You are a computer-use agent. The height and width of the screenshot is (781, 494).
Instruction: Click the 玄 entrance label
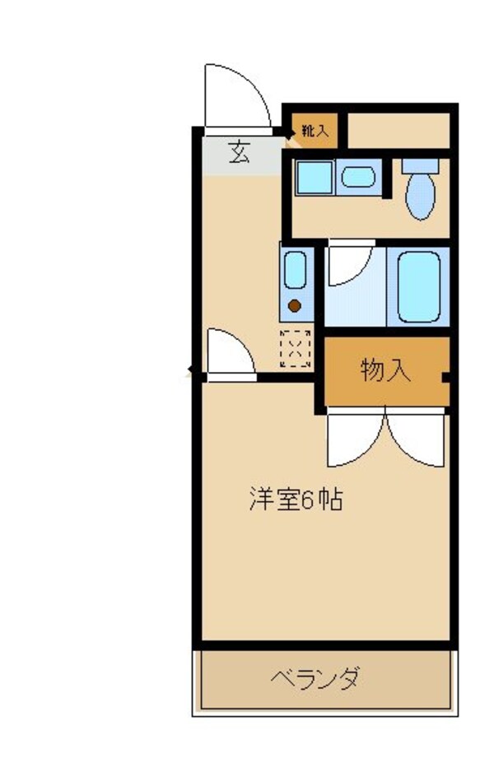pos(239,153)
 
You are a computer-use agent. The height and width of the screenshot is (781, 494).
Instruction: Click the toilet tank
pos(421,165)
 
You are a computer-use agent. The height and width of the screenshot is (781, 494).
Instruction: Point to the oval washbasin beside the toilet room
pos(357,176)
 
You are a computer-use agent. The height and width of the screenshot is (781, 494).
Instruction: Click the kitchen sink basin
pos(295,270)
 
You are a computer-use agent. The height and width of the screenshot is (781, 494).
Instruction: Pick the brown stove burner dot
pos(294,307)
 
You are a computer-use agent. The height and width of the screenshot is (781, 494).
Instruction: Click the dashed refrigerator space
pos(296,348)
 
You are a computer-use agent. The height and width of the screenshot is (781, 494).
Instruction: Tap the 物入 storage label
pos(385,371)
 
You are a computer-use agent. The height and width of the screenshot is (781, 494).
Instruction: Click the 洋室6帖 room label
pos(296,500)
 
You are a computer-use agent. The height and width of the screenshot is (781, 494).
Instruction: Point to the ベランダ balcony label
pos(315,680)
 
